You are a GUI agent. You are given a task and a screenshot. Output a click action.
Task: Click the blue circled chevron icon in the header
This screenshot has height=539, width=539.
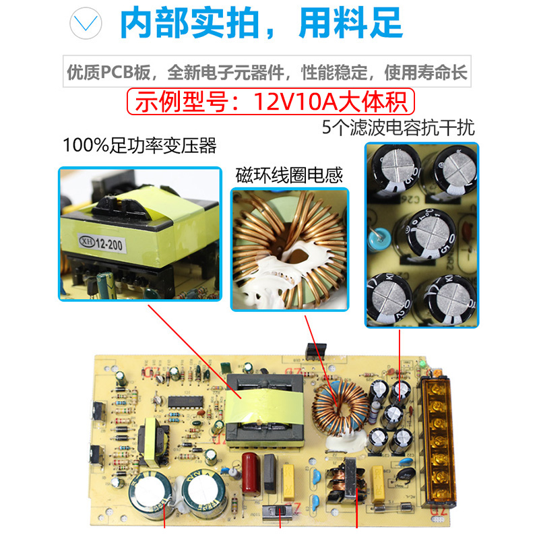(x=90, y=25)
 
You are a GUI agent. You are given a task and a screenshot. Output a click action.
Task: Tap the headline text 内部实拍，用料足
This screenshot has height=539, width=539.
(x=261, y=24)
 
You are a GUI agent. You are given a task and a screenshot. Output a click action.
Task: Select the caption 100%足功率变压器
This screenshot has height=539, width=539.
(x=139, y=146)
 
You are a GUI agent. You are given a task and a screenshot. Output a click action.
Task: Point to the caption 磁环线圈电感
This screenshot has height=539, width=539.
(x=289, y=176)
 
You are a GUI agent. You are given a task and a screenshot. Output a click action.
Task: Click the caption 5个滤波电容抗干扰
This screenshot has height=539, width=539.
(x=398, y=128)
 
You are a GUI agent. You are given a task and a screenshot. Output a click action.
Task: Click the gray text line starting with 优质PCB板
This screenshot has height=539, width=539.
(x=267, y=73)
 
